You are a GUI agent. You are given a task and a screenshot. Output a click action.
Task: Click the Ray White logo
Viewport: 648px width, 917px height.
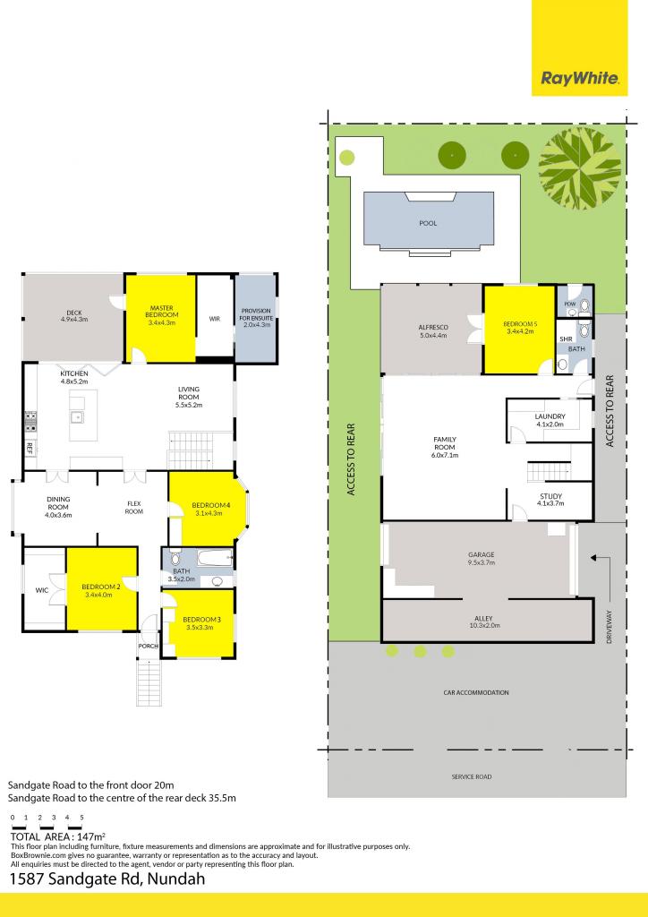click(580, 79)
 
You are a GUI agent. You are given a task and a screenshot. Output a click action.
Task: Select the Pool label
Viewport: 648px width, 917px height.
click(428, 223)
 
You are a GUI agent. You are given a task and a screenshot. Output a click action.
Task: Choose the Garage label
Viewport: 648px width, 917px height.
click(482, 555)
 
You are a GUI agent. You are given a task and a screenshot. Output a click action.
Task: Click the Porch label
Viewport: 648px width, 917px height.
click(148, 646)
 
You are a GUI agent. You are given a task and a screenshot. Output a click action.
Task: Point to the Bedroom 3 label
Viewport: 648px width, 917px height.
click(200, 620)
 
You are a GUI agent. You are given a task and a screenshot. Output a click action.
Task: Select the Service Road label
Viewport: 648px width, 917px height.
click(471, 776)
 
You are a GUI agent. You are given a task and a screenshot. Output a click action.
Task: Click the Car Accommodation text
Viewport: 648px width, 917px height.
click(476, 692)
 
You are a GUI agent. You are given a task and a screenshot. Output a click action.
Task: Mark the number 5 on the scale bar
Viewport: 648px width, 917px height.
click(81, 818)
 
